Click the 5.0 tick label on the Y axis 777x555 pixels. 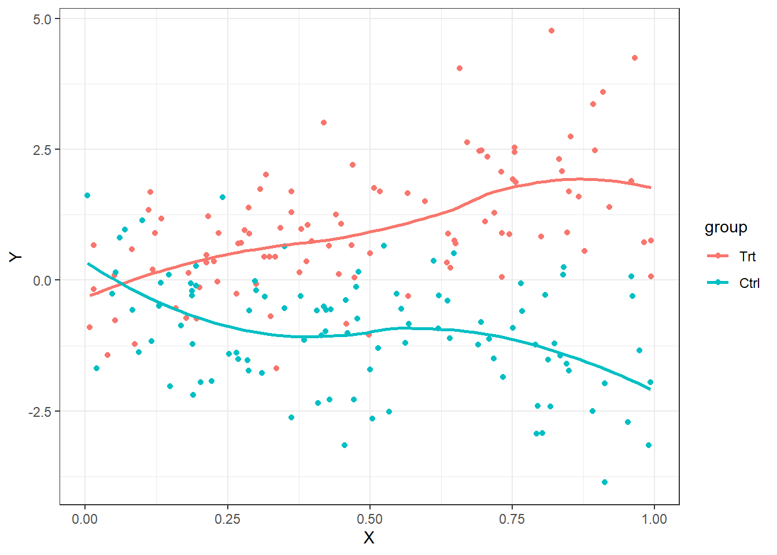tap(42, 19)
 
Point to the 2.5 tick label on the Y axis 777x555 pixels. tap(42, 150)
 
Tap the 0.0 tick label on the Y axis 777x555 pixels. tap(42, 280)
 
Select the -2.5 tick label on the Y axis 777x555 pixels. tap(40, 412)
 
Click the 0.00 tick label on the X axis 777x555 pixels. tap(85, 519)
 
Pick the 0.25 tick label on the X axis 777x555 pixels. tap(227, 519)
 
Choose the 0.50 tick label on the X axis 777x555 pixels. tap(369, 519)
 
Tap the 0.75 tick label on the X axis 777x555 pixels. tap(512, 519)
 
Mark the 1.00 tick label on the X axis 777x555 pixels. tap(654, 519)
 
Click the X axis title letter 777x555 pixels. tap(369, 538)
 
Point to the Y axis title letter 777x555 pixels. tap(16, 257)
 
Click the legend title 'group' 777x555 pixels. tap(726, 228)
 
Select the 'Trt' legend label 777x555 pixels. tap(748, 257)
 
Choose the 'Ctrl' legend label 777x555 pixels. tap(749, 283)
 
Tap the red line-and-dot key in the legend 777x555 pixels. tap(718, 256)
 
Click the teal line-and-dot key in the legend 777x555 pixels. tap(718, 283)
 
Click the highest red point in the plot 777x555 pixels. tap(552, 31)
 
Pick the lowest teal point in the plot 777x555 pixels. tap(605, 482)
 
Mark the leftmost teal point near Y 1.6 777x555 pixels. tap(87, 195)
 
